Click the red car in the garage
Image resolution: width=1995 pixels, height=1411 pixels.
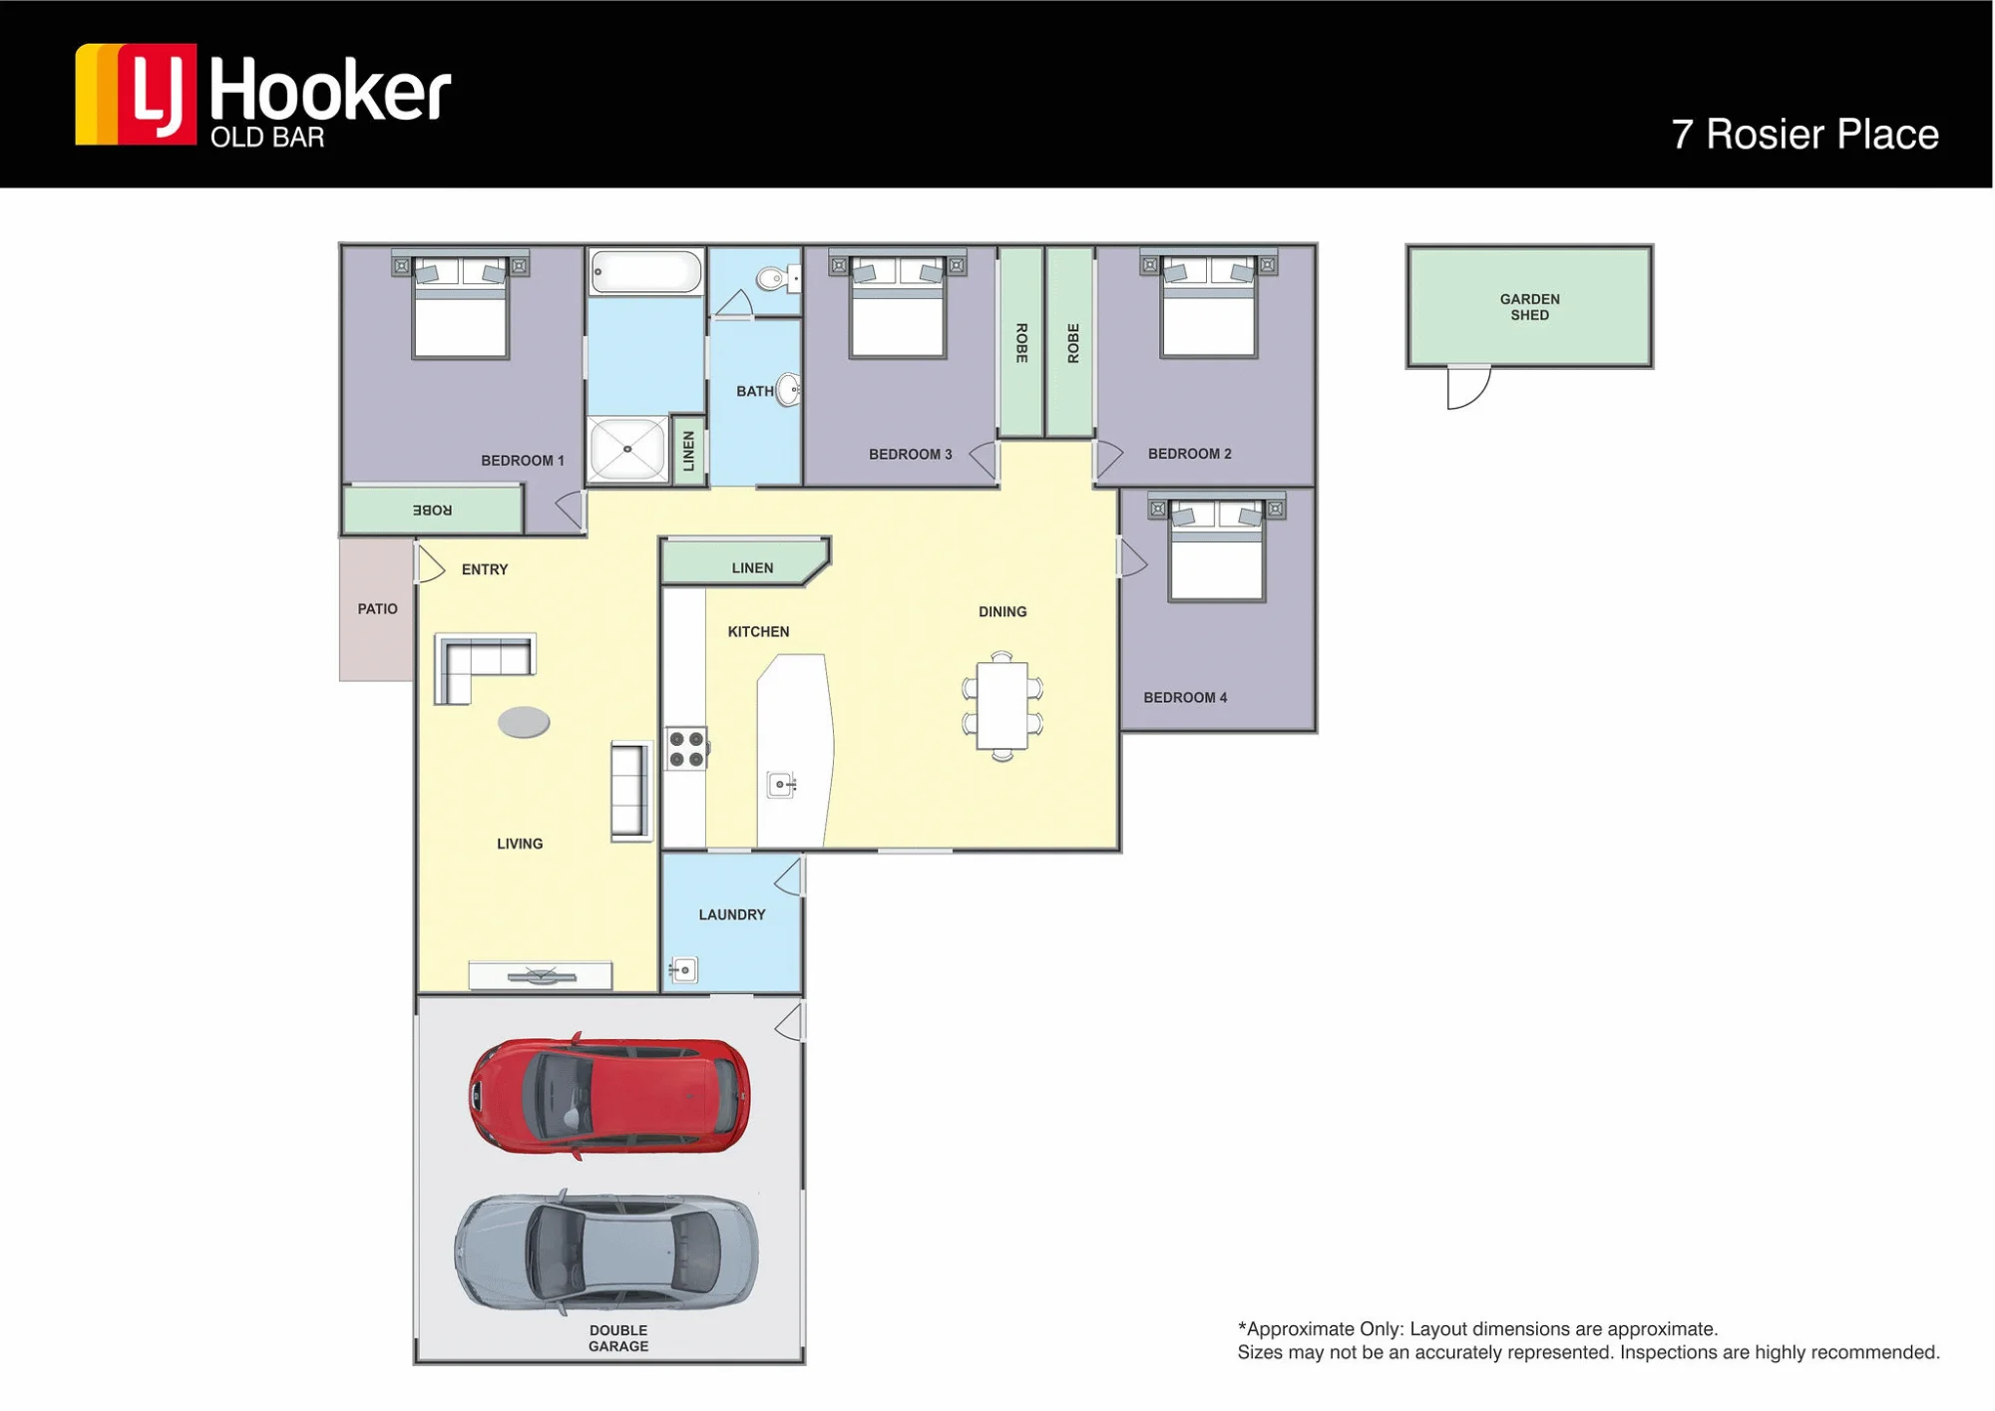point(609,1095)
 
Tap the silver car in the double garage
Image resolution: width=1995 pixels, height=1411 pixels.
point(606,1251)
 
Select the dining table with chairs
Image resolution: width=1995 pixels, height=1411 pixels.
point(1002,706)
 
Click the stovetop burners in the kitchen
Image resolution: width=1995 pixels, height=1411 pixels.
point(686,748)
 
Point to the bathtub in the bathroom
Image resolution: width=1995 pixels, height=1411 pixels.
point(646,271)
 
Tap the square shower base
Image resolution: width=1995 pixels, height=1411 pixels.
point(627,450)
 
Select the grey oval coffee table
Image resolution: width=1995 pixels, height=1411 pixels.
point(524,722)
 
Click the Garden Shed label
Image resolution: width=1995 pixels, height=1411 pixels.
point(1529,307)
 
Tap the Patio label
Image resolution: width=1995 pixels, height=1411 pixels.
point(378,608)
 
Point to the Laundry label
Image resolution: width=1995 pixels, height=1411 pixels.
point(732,914)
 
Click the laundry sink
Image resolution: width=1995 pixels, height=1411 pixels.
point(683,970)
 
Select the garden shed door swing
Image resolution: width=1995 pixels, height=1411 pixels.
point(1469,388)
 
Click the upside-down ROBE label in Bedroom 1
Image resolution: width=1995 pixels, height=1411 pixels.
point(433,510)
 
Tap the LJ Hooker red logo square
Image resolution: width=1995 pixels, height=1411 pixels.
point(158,95)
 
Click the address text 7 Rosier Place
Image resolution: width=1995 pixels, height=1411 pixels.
point(1804,135)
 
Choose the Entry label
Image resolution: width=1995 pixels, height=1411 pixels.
point(485,569)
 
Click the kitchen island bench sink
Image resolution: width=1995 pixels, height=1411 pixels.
point(781,786)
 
